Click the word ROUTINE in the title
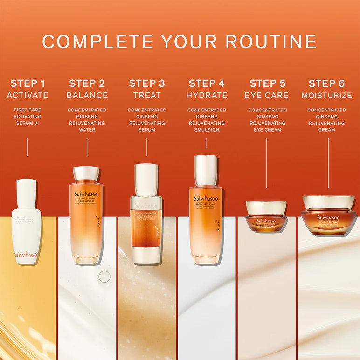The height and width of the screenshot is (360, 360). coord(271,42)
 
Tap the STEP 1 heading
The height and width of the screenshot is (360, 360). coord(28,83)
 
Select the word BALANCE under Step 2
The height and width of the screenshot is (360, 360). coord(87,95)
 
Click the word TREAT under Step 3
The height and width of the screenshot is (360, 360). coord(147,95)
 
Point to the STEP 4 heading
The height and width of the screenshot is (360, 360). coord(207,83)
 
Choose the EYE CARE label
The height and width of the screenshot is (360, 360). coord(267,95)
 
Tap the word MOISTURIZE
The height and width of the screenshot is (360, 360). coord(326,95)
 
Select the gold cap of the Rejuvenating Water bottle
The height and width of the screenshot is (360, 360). coord(86,174)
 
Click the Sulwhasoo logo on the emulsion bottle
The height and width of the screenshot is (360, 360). coord(206,198)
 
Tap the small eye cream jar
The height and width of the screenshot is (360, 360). coord(266,217)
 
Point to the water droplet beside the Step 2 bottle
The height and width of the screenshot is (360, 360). coord(104,277)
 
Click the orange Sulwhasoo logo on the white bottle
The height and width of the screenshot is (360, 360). coord(27,255)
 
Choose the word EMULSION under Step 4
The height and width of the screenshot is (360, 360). coord(207,130)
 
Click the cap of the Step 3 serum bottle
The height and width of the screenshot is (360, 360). coord(146,180)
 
